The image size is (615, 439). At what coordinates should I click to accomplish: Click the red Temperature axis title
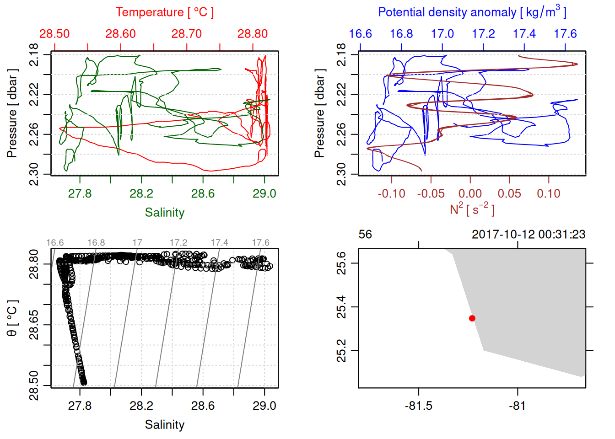[164, 12]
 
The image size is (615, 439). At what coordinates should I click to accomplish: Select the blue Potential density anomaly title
[472, 12]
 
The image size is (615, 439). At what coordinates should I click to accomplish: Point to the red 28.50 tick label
[54, 34]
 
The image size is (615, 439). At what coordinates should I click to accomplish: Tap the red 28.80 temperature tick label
[253, 34]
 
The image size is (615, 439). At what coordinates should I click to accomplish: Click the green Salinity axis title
[164, 213]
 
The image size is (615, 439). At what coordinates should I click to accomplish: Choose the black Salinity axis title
[164, 425]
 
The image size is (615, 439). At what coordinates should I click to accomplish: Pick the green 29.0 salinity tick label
[264, 193]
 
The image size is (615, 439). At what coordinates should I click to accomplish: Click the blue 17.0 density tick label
[442, 34]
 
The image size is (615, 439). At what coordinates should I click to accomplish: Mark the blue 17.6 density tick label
[565, 34]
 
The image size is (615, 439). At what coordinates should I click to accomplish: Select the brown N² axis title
[472, 209]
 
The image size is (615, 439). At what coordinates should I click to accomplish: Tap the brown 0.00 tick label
[470, 193]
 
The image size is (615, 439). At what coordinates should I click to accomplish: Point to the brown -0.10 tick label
[391, 193]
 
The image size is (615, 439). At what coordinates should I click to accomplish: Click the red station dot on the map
[472, 318]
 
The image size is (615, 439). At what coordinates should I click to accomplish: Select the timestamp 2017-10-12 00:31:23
[529, 235]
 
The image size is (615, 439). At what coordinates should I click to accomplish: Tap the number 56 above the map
[365, 235]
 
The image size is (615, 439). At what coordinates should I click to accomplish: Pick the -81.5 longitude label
[419, 406]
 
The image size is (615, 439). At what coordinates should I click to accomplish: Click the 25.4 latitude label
[342, 307]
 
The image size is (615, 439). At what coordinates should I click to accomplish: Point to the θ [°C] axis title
[12, 318]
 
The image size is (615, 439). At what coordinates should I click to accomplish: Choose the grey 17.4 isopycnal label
[219, 242]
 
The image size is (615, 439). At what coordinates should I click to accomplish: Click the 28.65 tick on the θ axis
[34, 325]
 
